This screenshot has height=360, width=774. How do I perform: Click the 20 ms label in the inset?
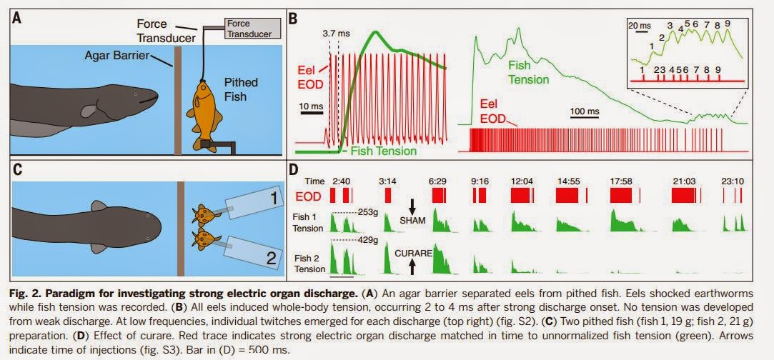638,25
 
